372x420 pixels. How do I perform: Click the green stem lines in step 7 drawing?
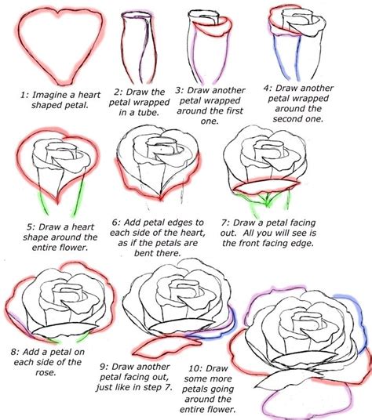[250, 205]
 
